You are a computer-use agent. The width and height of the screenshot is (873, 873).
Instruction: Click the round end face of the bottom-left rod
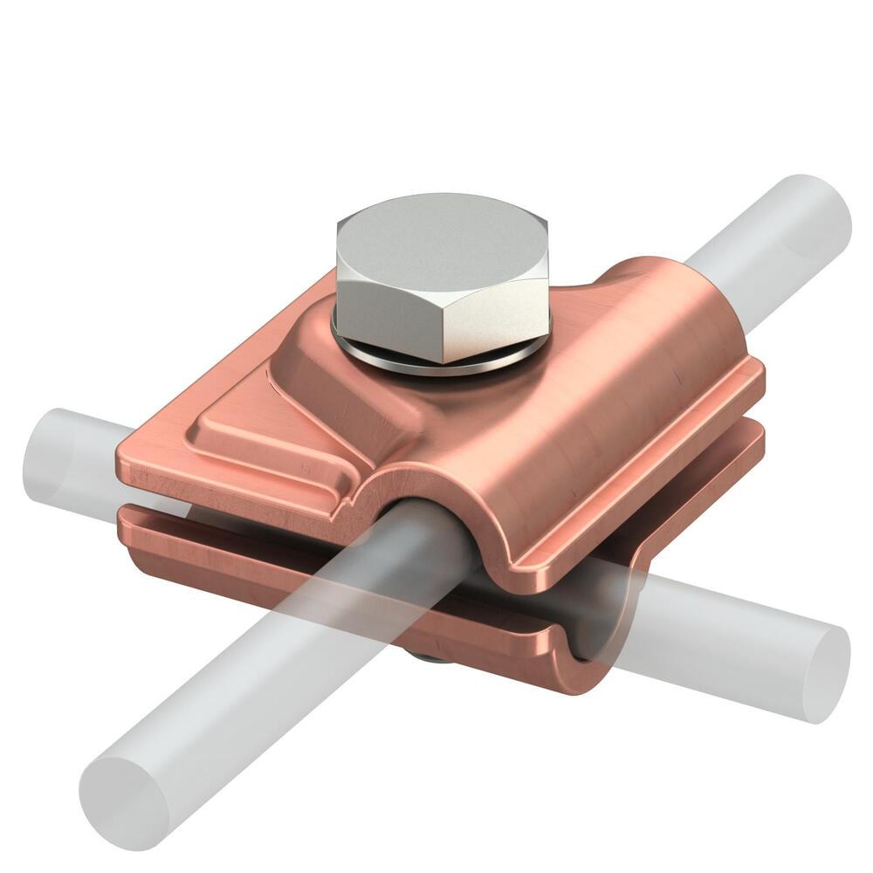point(122,800)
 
